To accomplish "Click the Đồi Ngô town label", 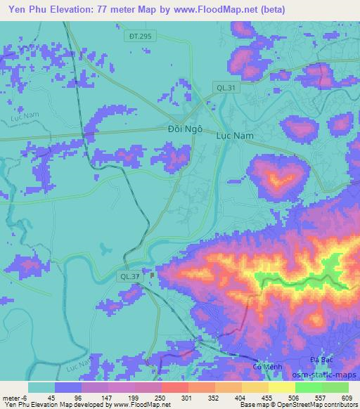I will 186,130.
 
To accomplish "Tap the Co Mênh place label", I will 266,367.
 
